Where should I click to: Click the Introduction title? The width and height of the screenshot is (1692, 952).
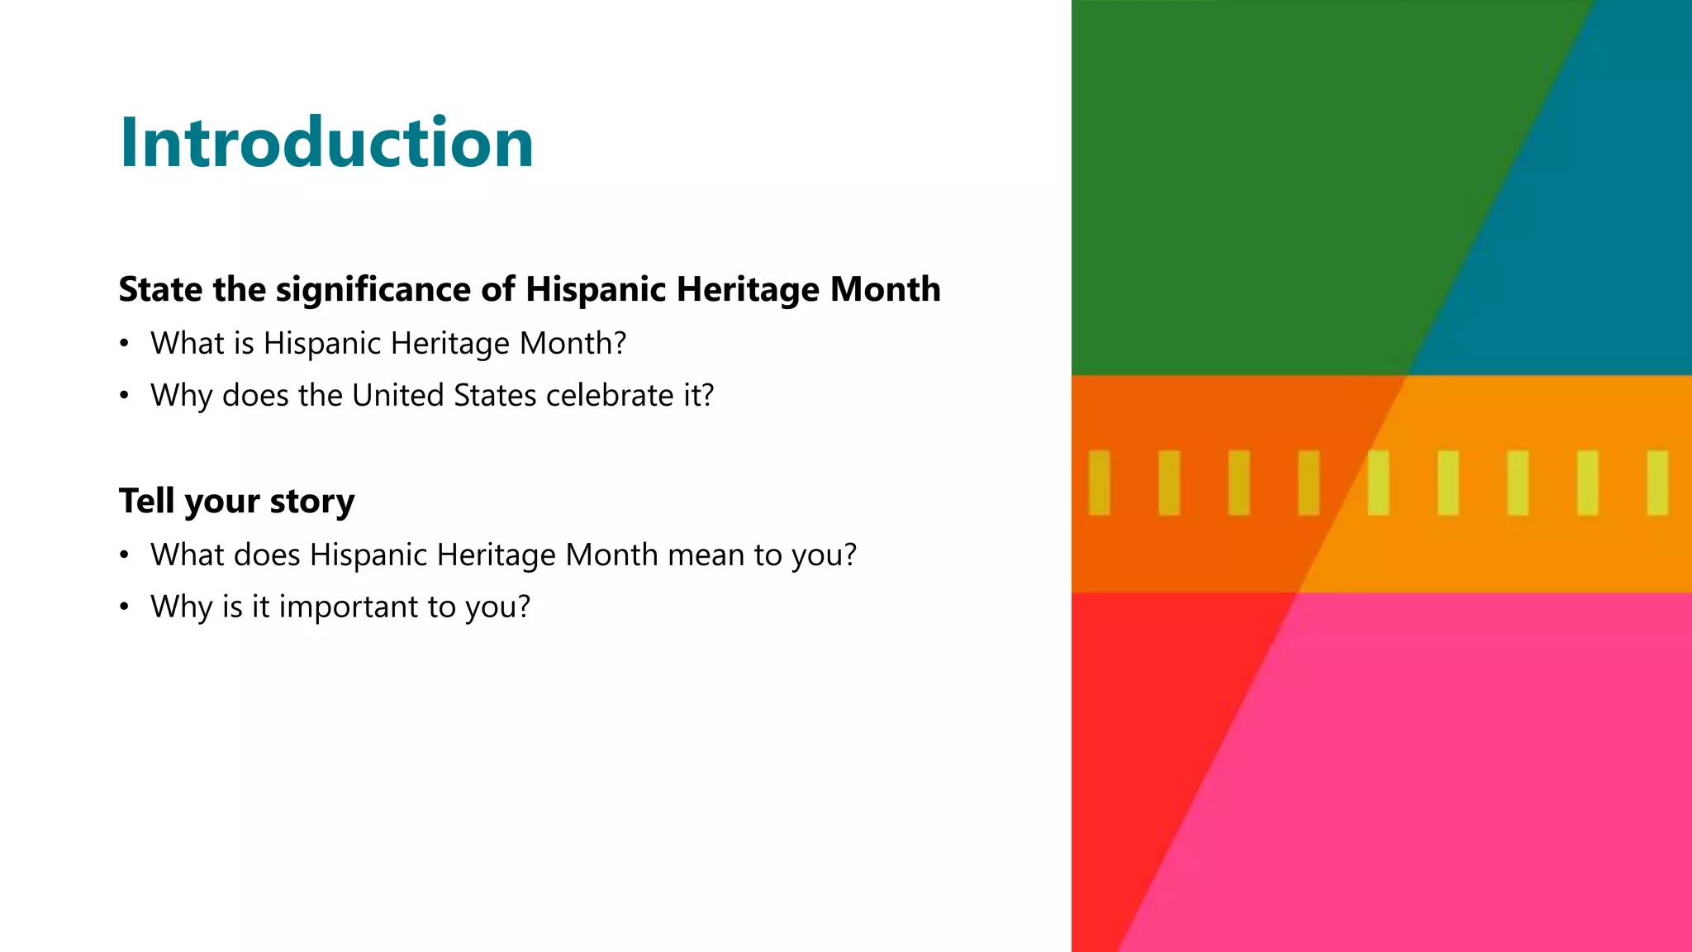pos(326,142)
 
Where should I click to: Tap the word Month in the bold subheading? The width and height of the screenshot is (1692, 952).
pos(885,289)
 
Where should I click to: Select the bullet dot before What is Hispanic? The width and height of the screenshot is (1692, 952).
pos(124,343)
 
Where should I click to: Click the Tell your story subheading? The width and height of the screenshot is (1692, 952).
pos(236,501)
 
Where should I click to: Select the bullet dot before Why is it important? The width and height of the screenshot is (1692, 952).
pos(124,607)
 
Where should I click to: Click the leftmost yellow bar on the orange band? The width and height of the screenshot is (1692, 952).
pos(1099,483)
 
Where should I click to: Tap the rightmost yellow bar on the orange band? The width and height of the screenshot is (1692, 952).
pos(1657,483)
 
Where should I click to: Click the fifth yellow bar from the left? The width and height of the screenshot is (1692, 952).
pos(1378,483)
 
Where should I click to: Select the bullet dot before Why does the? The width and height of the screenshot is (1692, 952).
pos(124,396)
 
